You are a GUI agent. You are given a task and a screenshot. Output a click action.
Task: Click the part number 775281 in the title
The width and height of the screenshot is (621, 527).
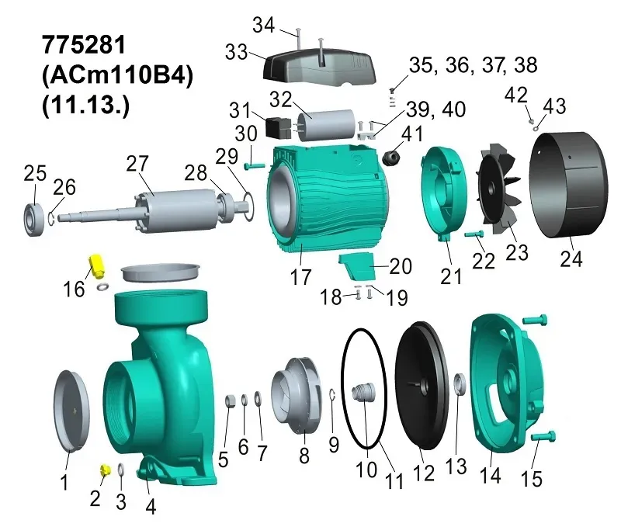click(x=84, y=44)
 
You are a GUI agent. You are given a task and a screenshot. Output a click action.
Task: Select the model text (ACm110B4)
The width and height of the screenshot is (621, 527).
click(x=118, y=74)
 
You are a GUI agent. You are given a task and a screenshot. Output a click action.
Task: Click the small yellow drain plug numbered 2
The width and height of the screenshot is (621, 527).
click(x=105, y=470)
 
